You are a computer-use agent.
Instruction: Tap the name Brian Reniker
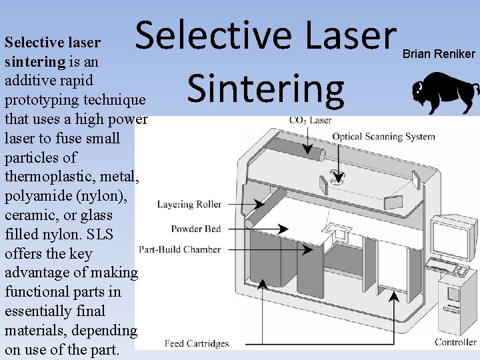click(x=439, y=54)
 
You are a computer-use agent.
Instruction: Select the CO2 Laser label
click(x=310, y=121)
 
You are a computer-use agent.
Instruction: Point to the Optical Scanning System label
click(x=383, y=137)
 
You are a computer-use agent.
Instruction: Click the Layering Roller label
click(x=189, y=204)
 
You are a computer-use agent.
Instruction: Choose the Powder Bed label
click(x=195, y=229)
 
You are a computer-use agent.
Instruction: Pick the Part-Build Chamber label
click(x=179, y=250)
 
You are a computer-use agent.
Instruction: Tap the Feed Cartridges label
click(x=197, y=344)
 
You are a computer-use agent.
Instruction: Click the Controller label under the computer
click(x=455, y=342)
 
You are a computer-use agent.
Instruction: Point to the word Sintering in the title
click(x=266, y=89)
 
